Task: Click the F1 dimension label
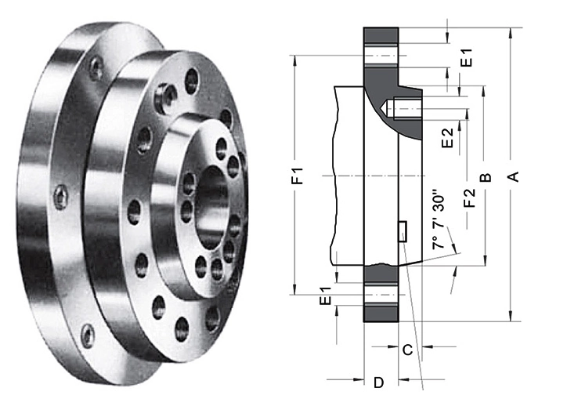[298, 176]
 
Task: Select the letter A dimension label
[514, 176]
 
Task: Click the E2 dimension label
[447, 139]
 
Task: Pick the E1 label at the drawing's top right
[467, 57]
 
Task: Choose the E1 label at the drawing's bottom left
[325, 299]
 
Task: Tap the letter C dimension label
[406, 350]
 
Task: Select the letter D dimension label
[378, 383]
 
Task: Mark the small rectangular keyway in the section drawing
[403, 232]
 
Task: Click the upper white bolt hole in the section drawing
[382, 57]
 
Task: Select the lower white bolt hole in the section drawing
[382, 294]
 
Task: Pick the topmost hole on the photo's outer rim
[96, 69]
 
